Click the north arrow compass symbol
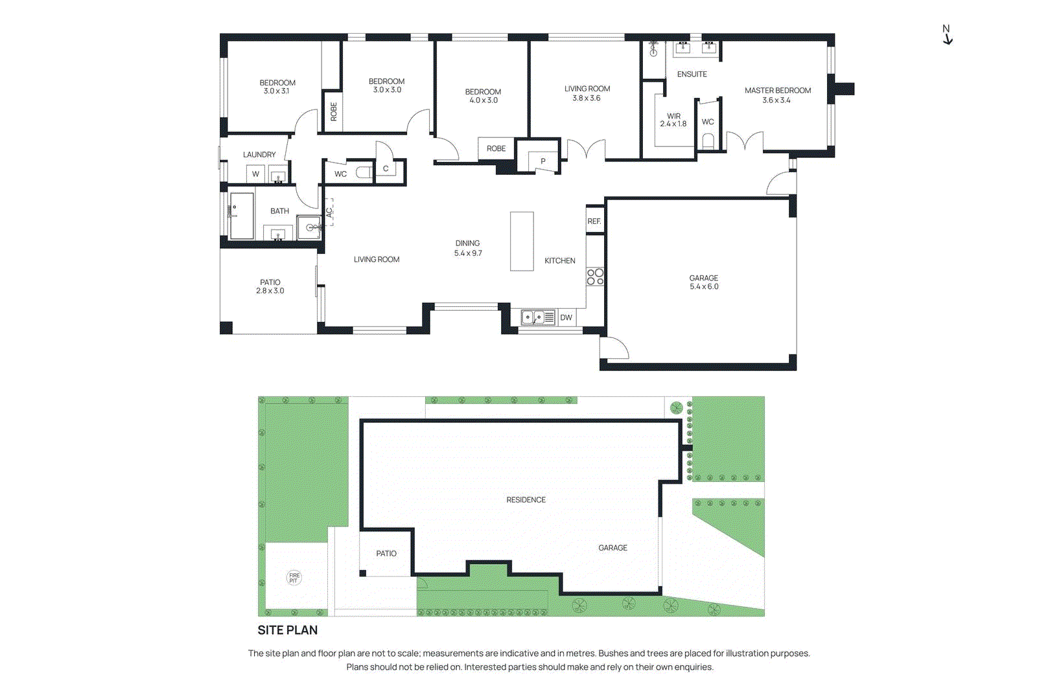[947, 35]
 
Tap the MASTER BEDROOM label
[777, 91]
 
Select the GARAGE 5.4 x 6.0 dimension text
[704, 286]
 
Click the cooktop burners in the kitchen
[595, 277]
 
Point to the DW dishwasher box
[566, 317]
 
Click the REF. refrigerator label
[594, 221]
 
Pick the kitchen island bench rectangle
[522, 241]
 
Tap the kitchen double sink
[533, 317]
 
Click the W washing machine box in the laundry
[255, 174]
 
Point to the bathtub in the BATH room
[241, 216]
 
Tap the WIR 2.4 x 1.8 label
[673, 120]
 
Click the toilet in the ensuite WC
[708, 141]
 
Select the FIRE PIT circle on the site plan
[294, 577]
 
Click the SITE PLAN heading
[288, 630]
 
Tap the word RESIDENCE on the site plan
[526, 500]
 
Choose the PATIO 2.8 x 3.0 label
[270, 286]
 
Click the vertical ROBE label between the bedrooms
[334, 111]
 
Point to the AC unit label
[329, 212]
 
